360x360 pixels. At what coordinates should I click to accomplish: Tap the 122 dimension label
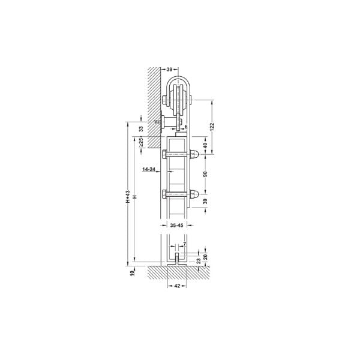[212, 127]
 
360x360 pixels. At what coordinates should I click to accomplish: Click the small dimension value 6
[186, 127]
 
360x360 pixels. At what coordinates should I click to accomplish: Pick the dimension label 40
[205, 145]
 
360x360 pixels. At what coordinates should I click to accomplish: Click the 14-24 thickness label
[149, 170]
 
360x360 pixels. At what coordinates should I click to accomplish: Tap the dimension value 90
[205, 174]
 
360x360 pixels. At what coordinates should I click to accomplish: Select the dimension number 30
[205, 202]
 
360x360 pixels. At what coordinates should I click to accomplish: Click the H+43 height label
[127, 199]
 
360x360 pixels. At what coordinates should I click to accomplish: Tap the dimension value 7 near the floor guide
[184, 244]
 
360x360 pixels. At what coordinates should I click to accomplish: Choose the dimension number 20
[205, 256]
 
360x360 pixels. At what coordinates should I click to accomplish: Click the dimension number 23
[198, 260]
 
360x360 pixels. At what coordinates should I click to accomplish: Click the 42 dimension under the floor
[177, 286]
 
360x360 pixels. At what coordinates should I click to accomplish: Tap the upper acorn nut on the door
[196, 155]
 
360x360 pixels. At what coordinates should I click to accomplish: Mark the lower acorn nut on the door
[196, 194]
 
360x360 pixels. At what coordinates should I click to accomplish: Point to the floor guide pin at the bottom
[178, 260]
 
